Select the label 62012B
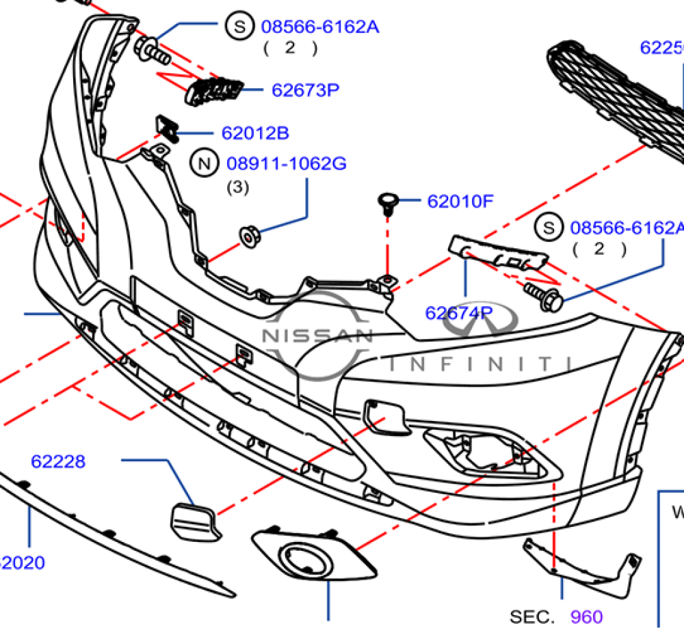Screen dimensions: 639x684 [254, 133]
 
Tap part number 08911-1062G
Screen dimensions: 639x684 [287, 164]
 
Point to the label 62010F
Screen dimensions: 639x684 [460, 202]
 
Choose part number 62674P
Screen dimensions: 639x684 [459, 313]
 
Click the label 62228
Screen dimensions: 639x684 [58, 462]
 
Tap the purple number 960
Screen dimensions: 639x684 [587, 617]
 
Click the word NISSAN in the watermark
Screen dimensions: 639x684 [317, 336]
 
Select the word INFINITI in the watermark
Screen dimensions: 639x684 [479, 362]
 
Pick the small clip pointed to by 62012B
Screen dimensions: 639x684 [166, 127]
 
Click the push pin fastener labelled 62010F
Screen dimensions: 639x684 [387, 204]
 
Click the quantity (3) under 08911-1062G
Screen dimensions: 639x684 [238, 187]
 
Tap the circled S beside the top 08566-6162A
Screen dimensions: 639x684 [239, 27]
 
